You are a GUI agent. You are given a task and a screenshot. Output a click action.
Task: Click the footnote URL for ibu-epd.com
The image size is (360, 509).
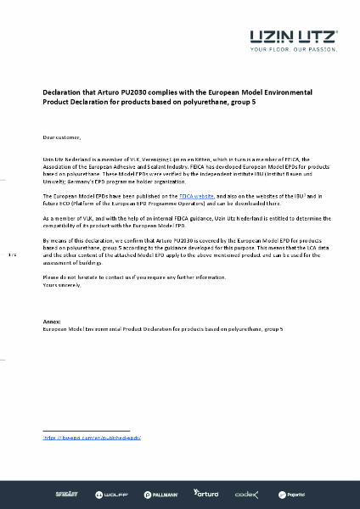click(92, 437)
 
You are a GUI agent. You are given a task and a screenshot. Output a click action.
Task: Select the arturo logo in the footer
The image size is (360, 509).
click(206, 493)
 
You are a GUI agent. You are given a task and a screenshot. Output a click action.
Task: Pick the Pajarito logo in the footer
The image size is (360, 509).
click(293, 493)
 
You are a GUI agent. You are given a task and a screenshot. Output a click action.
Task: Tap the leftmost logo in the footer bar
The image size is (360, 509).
click(66, 493)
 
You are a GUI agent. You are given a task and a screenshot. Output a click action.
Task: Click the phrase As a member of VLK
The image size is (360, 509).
click(71, 218)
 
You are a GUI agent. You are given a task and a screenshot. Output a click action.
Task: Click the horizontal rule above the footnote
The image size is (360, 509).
click(86, 431)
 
